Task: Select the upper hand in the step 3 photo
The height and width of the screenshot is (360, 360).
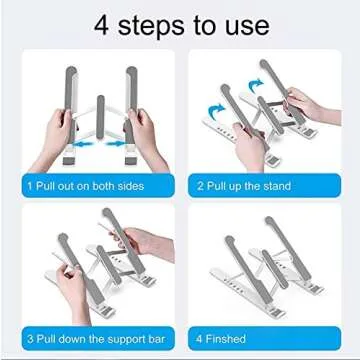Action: pyautogui.click(x=140, y=240)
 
